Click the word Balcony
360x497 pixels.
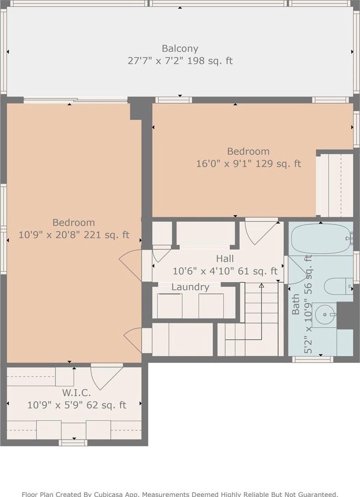[180, 49]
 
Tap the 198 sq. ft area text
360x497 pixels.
[210, 60]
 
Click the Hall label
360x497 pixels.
[225, 259]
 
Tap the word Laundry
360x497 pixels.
[190, 287]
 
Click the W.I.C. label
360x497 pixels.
[76, 393]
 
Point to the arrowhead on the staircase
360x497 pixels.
[261, 286]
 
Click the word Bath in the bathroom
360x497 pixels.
[296, 304]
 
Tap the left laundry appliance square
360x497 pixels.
[169, 306]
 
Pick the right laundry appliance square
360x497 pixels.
[211, 306]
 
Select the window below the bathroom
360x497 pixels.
[313, 359]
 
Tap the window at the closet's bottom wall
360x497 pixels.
[73, 443]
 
